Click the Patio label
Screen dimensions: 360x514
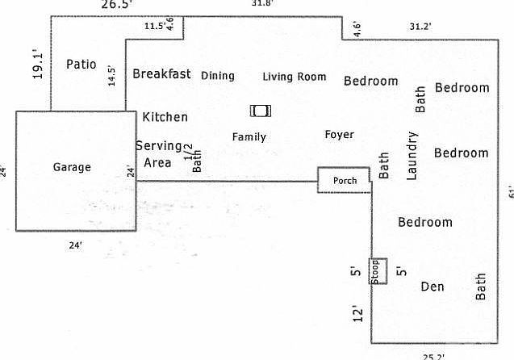(81, 64)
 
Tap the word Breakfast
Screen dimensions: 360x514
(161, 74)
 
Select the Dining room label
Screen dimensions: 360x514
(218, 76)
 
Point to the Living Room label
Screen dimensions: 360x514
(295, 77)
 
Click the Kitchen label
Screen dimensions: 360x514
(165, 117)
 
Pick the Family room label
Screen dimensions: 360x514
(249, 137)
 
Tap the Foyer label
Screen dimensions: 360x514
(339, 135)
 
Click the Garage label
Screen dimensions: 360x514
(72, 168)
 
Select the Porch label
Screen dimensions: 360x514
(345, 181)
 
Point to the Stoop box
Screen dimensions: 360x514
(377, 271)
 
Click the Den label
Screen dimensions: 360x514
(433, 287)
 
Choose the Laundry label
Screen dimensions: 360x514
(412, 155)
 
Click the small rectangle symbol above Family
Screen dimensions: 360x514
(261, 111)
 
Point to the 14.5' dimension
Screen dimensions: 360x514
(112, 75)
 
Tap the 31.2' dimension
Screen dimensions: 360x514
(420, 27)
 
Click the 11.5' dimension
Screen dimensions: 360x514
(154, 26)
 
